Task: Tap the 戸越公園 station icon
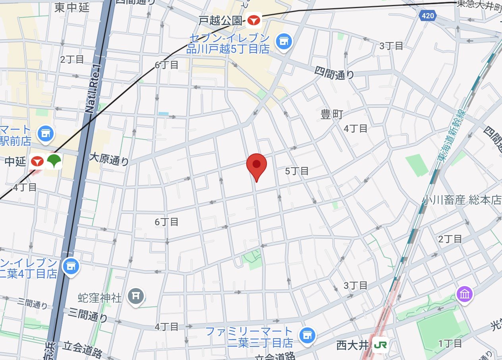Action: click(x=253, y=21)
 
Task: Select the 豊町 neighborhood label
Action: click(x=331, y=115)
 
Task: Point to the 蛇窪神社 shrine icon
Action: click(x=135, y=296)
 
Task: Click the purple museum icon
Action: click(x=464, y=294)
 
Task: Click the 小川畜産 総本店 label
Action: click(x=462, y=200)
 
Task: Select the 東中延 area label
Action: click(x=72, y=7)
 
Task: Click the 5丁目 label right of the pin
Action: click(x=297, y=171)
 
